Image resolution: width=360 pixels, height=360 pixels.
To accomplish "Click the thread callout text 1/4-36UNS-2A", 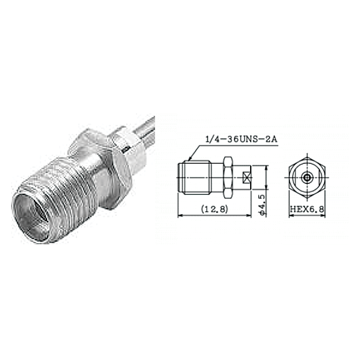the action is point(241,139).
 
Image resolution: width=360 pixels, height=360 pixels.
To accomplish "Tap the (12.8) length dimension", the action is point(215,209).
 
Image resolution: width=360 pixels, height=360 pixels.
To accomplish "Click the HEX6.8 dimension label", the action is point(307,209).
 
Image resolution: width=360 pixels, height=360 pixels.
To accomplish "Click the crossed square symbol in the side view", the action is point(246,178).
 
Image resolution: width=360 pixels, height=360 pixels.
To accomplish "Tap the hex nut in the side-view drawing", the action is point(228,178).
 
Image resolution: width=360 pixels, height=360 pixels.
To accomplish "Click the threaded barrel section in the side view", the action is point(198,178).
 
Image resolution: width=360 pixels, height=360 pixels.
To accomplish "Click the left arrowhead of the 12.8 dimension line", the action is point(180,216).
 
